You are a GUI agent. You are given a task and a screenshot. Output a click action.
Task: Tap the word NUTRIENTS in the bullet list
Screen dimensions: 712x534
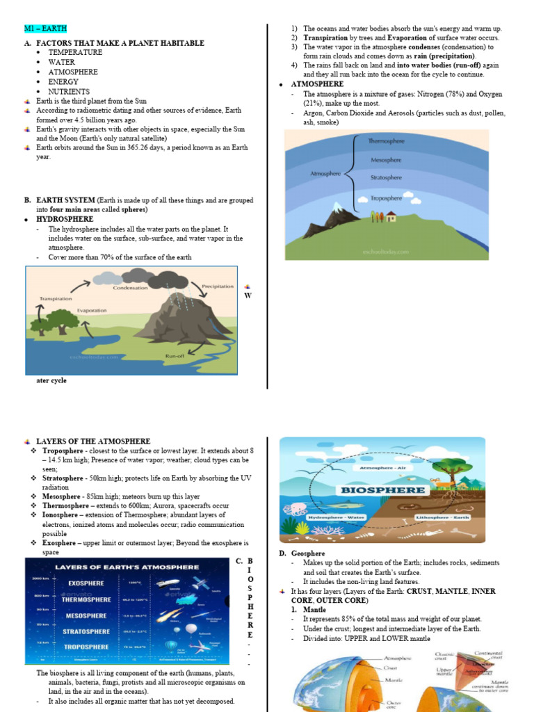pyautogui.click(x=68, y=92)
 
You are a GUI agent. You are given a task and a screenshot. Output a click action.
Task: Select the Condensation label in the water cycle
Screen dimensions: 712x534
pyautogui.click(x=130, y=287)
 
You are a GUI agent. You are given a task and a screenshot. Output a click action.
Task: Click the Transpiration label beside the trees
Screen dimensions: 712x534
pyautogui.click(x=55, y=298)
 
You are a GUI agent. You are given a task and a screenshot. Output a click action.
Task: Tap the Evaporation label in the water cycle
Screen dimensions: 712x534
pyautogui.click(x=92, y=310)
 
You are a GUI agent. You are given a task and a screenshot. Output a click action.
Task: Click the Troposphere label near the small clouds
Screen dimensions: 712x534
pyautogui.click(x=387, y=197)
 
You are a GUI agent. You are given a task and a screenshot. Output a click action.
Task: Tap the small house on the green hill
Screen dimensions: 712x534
pyautogui.click(x=391, y=216)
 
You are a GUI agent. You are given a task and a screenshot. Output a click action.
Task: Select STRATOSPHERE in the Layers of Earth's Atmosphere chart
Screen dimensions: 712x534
pyautogui.click(x=86, y=631)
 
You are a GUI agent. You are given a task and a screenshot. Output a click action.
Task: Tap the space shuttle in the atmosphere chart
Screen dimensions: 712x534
pyautogui.click(x=169, y=583)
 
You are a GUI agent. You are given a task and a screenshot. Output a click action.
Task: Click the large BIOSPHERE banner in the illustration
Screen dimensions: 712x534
pyautogui.click(x=382, y=489)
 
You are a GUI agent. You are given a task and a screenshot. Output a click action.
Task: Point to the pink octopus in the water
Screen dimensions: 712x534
pyautogui.click(x=293, y=510)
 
